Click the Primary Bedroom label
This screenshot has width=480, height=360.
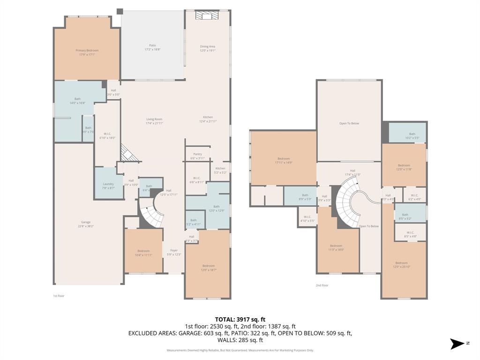pos(87,52)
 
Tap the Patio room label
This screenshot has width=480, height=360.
pos(152,47)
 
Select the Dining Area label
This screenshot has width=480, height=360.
pos(208,48)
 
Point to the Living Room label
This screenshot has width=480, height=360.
pos(154,121)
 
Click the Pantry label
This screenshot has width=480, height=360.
pos(197,156)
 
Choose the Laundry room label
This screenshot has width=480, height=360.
pos(108,186)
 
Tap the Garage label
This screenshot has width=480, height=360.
pos(86,224)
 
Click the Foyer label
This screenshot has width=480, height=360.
pos(174,252)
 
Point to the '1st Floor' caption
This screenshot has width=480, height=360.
pos(59,296)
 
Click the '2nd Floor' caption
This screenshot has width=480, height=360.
pos(322,285)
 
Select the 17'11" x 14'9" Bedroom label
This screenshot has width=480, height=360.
pos(284,160)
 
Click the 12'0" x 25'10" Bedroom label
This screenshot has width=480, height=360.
pos(401,265)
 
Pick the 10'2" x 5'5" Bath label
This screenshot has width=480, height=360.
pos(412,136)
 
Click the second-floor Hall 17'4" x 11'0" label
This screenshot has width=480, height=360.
pos(352,172)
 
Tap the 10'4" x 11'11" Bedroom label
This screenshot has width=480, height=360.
pos(143,253)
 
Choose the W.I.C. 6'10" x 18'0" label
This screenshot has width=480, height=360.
pos(107,135)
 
